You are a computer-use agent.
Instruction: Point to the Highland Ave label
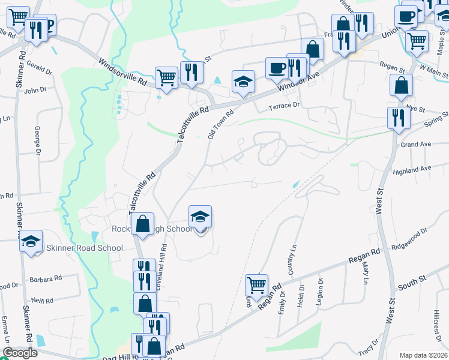coord(412,170)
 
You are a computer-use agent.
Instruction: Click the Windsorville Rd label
coord(122,71)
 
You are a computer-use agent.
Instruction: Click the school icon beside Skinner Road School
coord(31,242)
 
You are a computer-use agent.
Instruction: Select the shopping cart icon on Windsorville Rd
coord(166,77)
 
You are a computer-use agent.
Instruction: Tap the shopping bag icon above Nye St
coord(400,85)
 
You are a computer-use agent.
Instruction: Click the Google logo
coord(20,353)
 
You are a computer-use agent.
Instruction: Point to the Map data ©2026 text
coord(423,355)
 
